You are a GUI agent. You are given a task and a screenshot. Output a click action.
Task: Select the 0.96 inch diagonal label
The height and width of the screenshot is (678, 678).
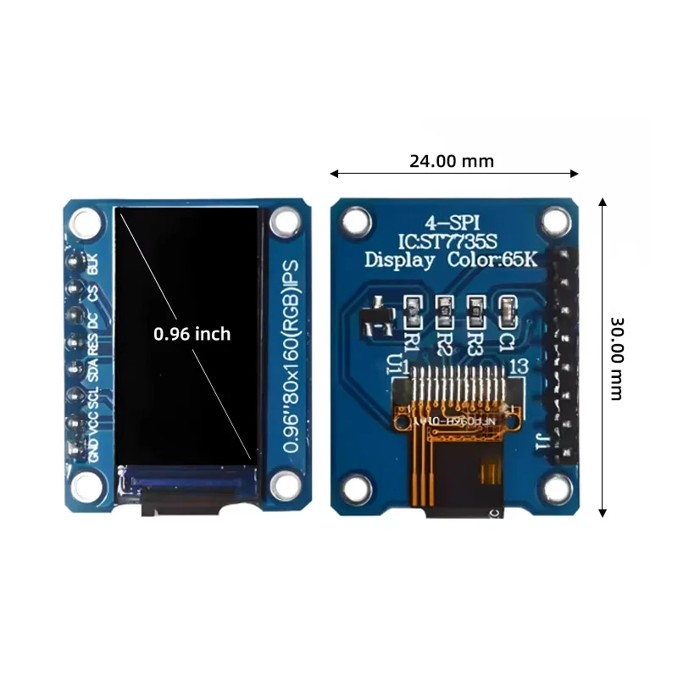click(x=192, y=334)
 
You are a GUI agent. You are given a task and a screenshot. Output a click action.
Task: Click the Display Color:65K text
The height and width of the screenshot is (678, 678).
click(x=451, y=259)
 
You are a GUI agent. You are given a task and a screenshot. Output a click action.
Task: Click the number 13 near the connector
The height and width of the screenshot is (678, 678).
click(x=520, y=366)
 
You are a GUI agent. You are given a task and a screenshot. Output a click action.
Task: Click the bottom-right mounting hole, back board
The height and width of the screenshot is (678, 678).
click(x=556, y=487)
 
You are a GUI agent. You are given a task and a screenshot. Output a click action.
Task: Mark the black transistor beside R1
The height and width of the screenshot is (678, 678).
click(x=375, y=315)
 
